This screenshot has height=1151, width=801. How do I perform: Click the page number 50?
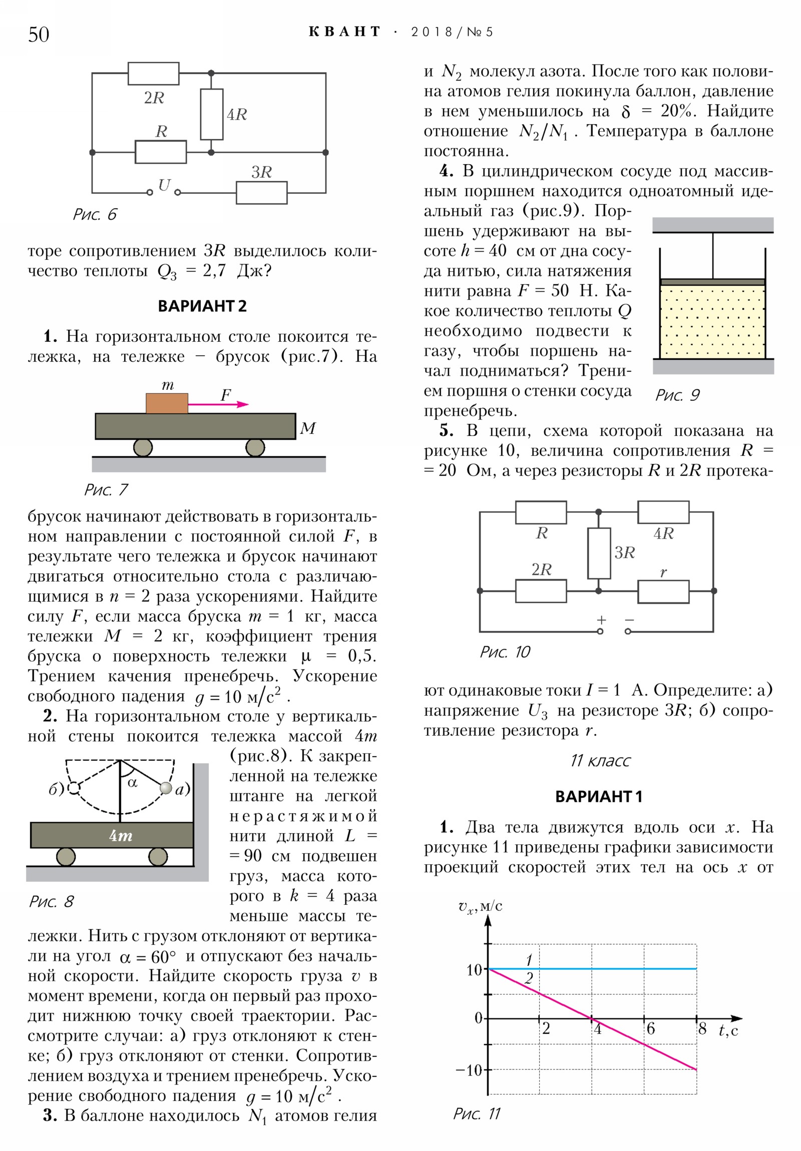coord(39,35)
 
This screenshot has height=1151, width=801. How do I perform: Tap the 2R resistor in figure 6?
coord(153,74)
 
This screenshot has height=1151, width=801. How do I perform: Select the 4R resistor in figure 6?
coord(211,114)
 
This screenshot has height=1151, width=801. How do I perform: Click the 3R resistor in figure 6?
coord(261,193)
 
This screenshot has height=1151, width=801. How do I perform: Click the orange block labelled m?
coord(167,403)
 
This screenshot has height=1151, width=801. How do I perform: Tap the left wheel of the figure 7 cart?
coord(143,447)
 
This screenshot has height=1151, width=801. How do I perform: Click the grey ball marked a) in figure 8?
coord(166,788)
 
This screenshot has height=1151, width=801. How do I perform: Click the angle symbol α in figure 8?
coord(132,783)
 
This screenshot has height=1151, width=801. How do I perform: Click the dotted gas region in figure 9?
coord(712,321)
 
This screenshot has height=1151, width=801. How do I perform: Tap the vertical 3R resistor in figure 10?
coord(598,553)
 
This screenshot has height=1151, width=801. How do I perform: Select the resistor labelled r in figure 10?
coord(662,592)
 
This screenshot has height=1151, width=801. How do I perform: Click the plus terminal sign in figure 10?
coord(601,620)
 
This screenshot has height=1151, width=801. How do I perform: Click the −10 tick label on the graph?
coord(468,1070)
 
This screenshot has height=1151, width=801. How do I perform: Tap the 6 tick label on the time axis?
coord(650,1029)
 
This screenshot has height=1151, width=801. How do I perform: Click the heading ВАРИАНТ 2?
coord(202,306)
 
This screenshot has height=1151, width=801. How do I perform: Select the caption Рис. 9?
coord(677,395)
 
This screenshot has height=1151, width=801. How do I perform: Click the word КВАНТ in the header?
coord(344,32)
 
